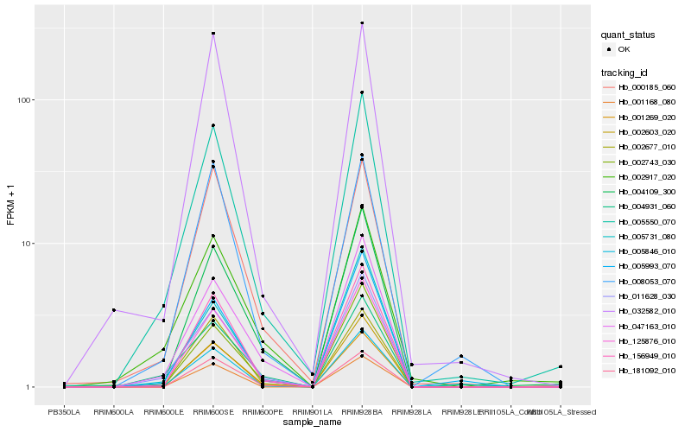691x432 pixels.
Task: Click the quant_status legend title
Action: [x=629, y=35]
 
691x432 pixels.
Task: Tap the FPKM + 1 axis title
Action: [x=10, y=203]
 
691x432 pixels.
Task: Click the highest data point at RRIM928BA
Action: [x=362, y=22]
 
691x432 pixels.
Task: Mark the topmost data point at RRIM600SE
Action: [x=213, y=34]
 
